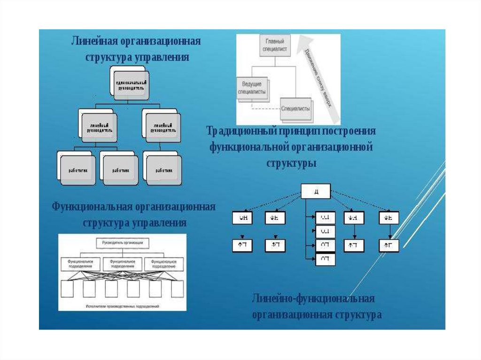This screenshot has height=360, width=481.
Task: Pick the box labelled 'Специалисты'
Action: point(295,108)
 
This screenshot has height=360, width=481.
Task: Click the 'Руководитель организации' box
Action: point(123,243)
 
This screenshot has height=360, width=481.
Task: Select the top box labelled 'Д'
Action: point(316,191)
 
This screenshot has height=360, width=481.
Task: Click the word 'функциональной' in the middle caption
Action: point(248,148)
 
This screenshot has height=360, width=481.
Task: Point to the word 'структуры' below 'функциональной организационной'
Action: point(292,164)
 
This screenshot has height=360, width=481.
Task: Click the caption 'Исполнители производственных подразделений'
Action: point(123,306)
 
